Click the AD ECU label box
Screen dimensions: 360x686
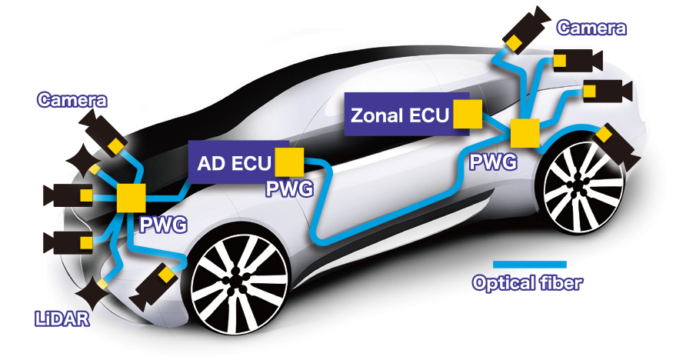pyautogui.click(x=231, y=164)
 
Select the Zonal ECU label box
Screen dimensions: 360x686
pyautogui.click(x=398, y=115)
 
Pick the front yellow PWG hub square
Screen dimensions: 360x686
pyautogui.click(x=131, y=198)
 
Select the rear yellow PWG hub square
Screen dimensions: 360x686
pyautogui.click(x=526, y=134)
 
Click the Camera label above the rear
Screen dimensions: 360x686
pyautogui.click(x=591, y=28)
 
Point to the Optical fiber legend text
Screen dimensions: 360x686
pyautogui.click(x=528, y=283)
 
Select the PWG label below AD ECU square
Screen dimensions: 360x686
pyautogui.click(x=288, y=189)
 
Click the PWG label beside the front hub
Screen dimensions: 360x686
pyautogui.click(x=163, y=225)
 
